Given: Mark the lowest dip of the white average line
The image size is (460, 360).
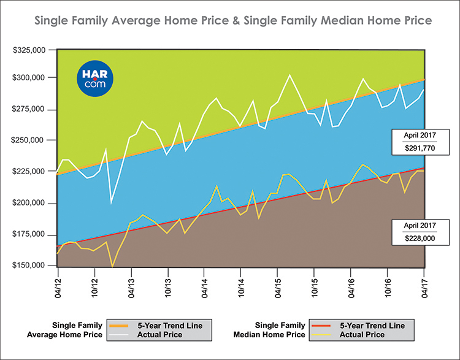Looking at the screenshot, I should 111,202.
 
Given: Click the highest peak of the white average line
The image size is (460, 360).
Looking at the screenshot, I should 289,75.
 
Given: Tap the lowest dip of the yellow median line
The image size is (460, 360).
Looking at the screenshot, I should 112,267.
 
